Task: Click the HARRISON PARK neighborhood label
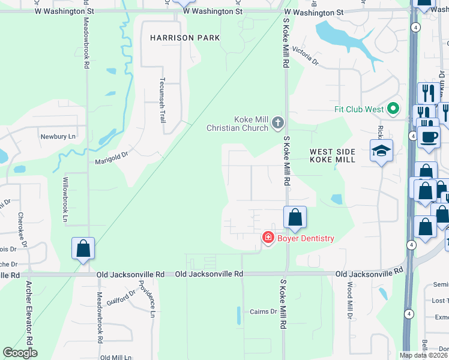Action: coord(185,38)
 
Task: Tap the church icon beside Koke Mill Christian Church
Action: coord(277,123)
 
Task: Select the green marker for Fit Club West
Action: coord(393,109)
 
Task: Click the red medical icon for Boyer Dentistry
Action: coord(268,238)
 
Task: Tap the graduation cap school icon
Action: coord(381,151)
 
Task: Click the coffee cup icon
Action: coord(429,137)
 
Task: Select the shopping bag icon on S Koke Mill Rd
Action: coord(295,217)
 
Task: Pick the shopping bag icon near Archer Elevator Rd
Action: coord(83,248)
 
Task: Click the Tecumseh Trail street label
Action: coord(162,100)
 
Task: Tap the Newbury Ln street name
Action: coord(58,136)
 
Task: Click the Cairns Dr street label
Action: coord(264,311)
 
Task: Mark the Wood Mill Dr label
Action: coord(349,301)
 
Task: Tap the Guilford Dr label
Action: coord(123,296)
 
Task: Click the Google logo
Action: coord(20,353)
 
